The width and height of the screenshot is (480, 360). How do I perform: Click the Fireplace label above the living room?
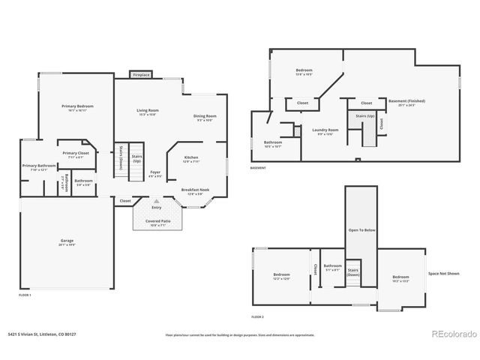(140, 75)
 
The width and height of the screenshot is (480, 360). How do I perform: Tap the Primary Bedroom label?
(76, 106)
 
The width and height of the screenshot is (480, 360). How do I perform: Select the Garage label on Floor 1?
(67, 241)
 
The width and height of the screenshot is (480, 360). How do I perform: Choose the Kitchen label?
(191, 157)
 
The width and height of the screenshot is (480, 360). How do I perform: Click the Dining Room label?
(205, 116)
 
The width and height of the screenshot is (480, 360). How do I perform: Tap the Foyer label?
(155, 172)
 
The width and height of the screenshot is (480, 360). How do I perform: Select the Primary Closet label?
(76, 153)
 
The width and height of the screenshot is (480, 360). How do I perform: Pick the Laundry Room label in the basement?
(325, 130)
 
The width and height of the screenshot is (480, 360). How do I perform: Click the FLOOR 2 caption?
(258, 317)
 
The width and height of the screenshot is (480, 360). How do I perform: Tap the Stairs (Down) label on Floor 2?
(353, 271)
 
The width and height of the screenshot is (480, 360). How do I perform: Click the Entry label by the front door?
(157, 207)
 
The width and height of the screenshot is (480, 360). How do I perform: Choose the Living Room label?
(147, 111)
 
